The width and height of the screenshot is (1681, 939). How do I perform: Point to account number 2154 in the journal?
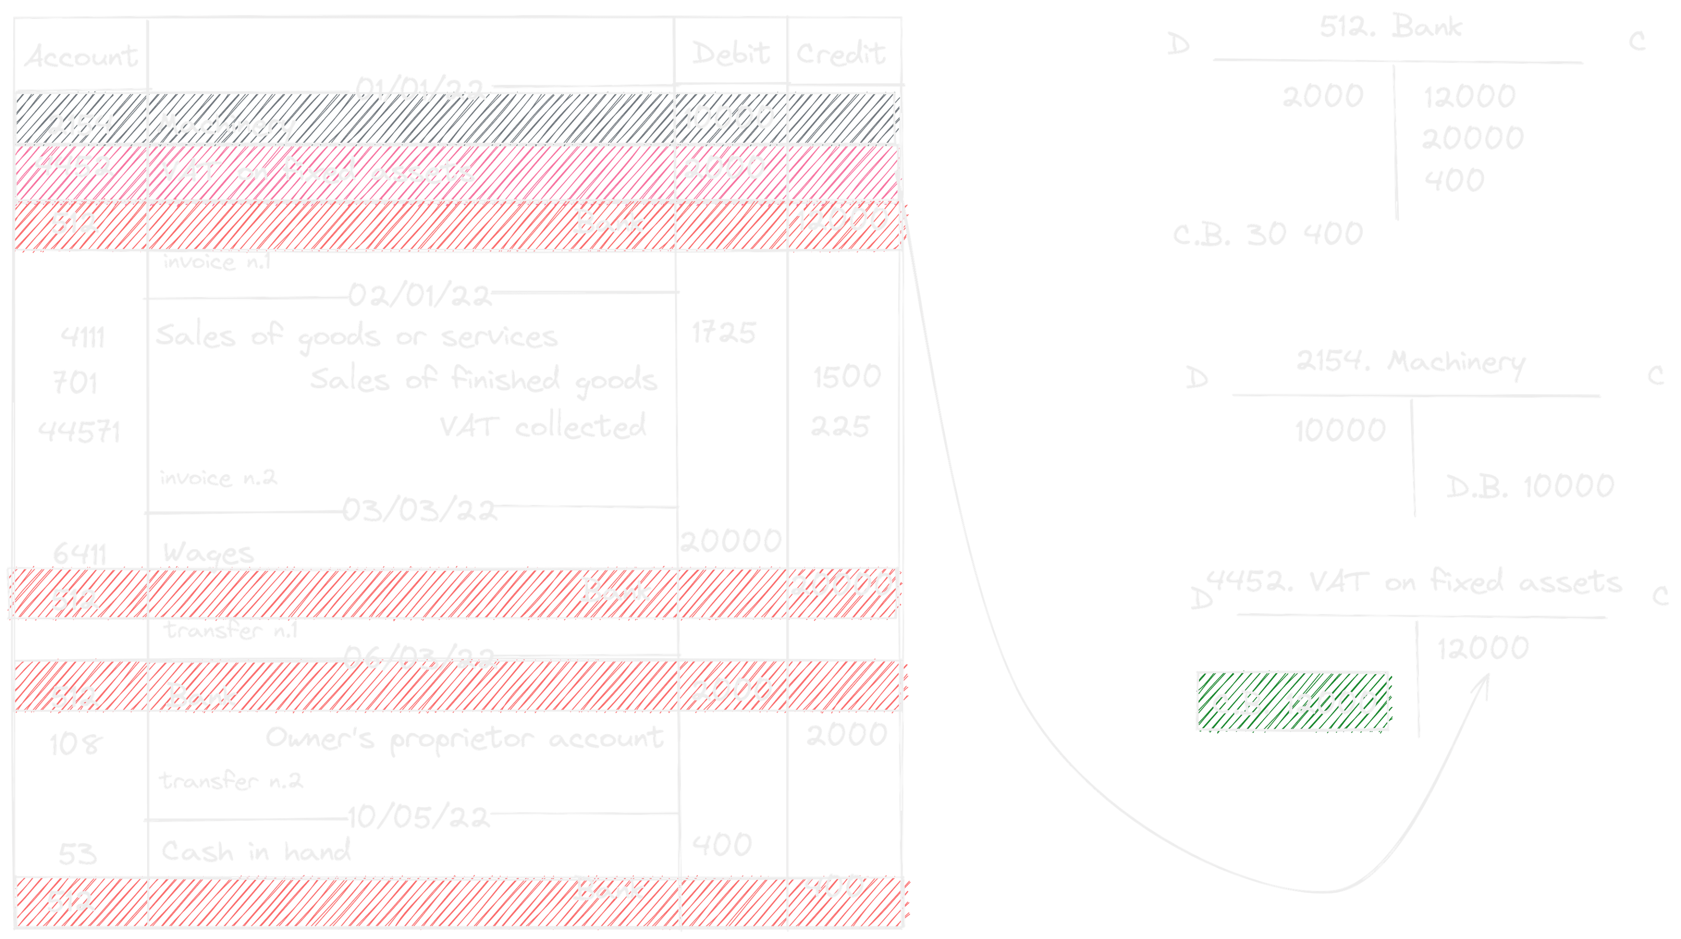pyautogui.click(x=80, y=124)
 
